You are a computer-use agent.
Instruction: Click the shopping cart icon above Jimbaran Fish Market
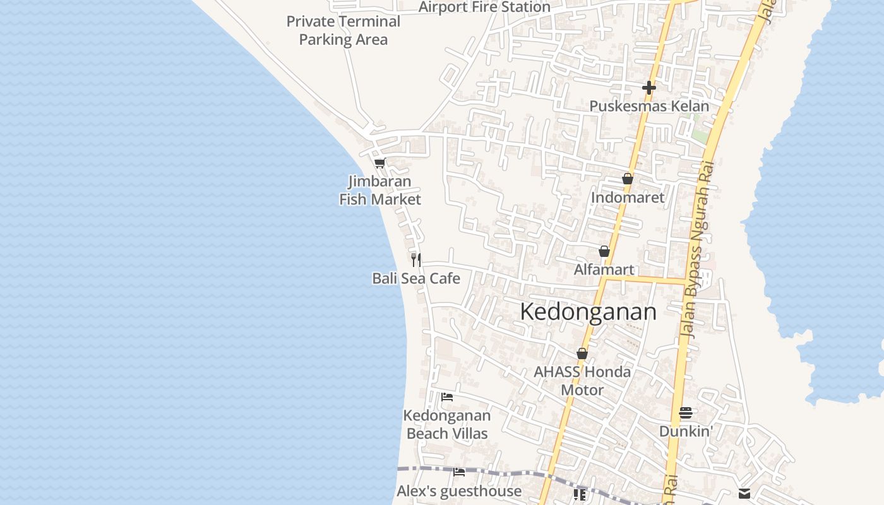pos(379,163)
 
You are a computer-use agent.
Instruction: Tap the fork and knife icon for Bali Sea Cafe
pos(416,259)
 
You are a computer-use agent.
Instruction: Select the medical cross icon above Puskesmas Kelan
pos(648,88)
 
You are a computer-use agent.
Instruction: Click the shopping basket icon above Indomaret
pos(627,179)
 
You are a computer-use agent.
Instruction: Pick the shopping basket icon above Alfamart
pos(604,251)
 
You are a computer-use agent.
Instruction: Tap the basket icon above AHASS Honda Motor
pos(582,353)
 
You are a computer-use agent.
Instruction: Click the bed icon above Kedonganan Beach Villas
pos(447,397)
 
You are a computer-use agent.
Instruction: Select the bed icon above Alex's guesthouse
pos(459,472)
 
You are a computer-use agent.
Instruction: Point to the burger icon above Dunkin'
pos(686,413)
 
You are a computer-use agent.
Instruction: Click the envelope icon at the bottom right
pos(744,494)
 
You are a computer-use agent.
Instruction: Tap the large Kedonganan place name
pos(588,312)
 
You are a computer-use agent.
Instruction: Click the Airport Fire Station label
pos(484,7)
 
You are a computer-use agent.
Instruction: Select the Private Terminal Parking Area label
pos(343,30)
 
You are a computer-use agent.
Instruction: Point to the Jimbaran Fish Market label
pos(380,191)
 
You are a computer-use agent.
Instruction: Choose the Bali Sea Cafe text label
pos(416,278)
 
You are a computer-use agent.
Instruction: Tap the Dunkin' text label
pos(686,432)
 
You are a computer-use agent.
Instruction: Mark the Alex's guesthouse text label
pos(459,491)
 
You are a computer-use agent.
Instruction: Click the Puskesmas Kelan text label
pos(649,106)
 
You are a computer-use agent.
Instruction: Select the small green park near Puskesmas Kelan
pos(699,134)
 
